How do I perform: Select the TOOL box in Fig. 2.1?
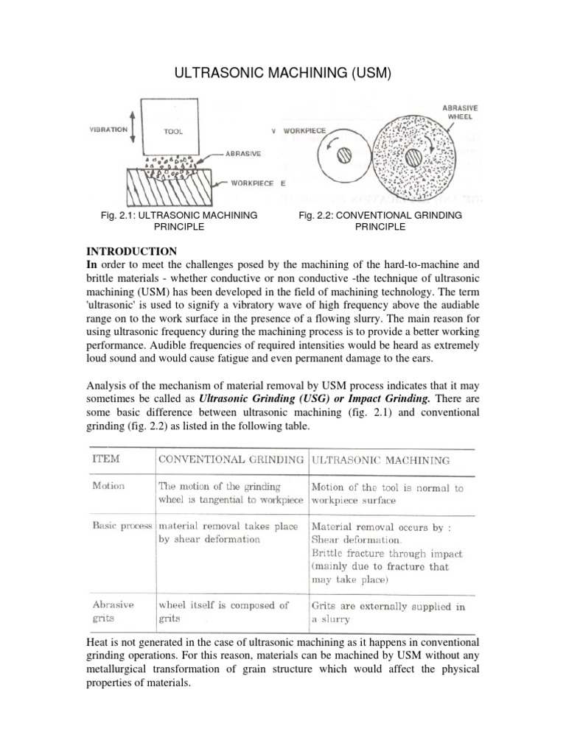point(175,131)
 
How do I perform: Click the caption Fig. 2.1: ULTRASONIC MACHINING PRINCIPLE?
point(178,221)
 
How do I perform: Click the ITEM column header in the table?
point(106,459)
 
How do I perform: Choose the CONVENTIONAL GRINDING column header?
point(230,459)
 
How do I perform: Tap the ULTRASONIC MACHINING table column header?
point(380,459)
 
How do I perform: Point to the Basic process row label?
point(122,527)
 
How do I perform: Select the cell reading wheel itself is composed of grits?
point(223,612)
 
